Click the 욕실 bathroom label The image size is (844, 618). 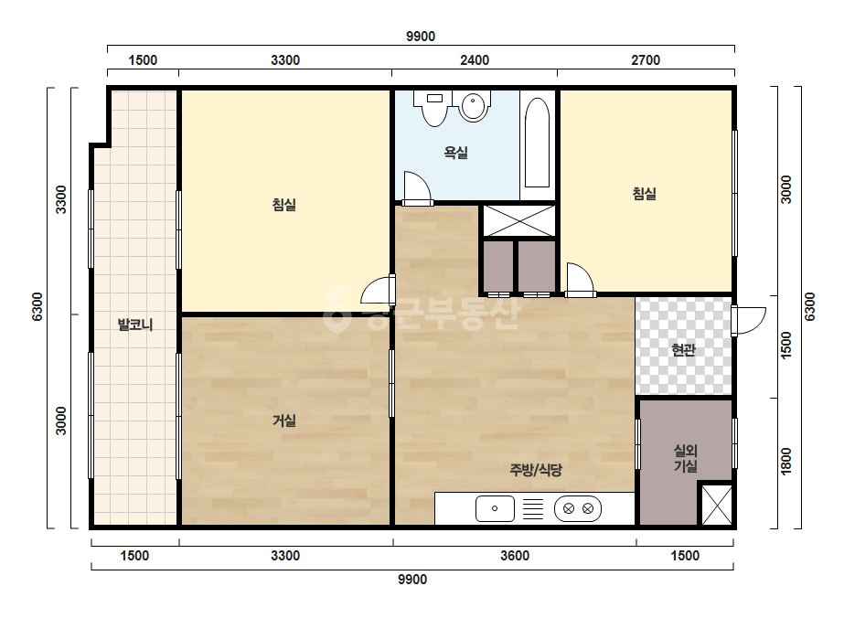click(x=455, y=153)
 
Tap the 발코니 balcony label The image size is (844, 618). click(x=135, y=325)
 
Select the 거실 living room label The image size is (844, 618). click(x=284, y=421)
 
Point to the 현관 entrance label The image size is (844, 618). click(x=684, y=350)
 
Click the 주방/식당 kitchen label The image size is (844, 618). click(x=536, y=470)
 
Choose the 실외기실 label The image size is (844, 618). click(x=685, y=458)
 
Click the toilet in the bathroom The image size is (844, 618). click(x=433, y=107)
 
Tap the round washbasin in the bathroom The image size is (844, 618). click(x=473, y=105)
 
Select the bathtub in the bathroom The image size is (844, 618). click(x=537, y=142)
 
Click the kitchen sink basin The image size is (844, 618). click(x=495, y=508)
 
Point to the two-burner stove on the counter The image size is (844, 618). click(x=578, y=508)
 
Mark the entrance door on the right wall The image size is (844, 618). click(x=748, y=321)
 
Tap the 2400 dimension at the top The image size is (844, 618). click(x=475, y=59)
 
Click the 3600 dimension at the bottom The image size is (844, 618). click(x=515, y=556)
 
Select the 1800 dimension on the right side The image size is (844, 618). click(x=786, y=462)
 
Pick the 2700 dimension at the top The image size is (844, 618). click(x=646, y=59)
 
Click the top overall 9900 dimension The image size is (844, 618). click(x=421, y=36)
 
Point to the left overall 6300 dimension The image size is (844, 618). click(x=37, y=307)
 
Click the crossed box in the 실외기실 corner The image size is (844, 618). click(x=717, y=505)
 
